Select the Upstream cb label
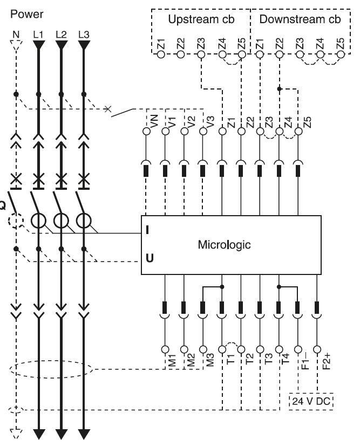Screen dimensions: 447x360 pyautogui.click(x=200, y=20)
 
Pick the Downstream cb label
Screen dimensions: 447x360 pyautogui.click(x=300, y=20)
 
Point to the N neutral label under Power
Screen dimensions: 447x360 pyautogui.click(x=16, y=35)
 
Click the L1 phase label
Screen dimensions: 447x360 pyautogui.click(x=38, y=35)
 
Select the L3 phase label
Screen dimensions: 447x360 pyautogui.click(x=83, y=35)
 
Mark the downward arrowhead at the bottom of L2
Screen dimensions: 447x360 pyautogui.click(x=60, y=434)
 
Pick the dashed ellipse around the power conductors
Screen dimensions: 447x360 pyautogui.click(x=51, y=370)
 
